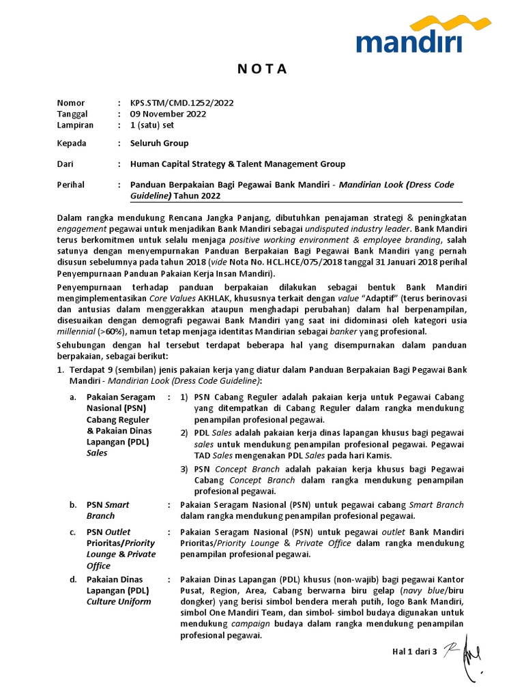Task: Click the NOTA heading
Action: [262, 70]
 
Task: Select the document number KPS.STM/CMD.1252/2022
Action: [181, 103]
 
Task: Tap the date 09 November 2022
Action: [168, 114]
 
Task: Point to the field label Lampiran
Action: [75, 125]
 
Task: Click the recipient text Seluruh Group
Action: [160, 143]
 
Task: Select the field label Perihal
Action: [72, 185]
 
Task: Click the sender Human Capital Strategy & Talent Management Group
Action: [237, 164]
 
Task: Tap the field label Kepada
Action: [72, 143]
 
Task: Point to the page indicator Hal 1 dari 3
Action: [414, 652]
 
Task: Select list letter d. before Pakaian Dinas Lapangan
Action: [74, 579]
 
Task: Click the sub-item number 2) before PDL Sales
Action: [185, 433]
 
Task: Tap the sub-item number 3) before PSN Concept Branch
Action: [185, 469]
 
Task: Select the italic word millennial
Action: [76, 332]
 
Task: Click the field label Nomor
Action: [70, 103]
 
